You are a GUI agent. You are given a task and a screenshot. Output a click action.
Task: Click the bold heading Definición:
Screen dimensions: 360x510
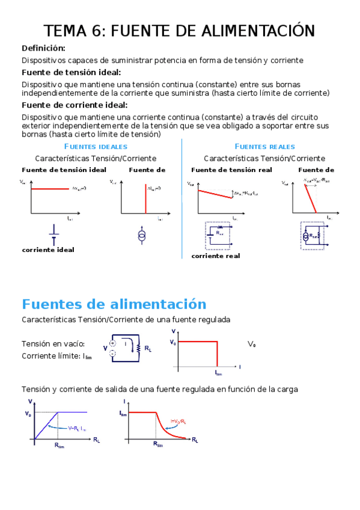(x=43, y=48)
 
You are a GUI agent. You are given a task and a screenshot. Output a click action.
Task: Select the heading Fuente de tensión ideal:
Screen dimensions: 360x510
(x=71, y=72)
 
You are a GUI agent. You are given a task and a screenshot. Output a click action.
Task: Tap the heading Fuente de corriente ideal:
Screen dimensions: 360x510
(x=74, y=105)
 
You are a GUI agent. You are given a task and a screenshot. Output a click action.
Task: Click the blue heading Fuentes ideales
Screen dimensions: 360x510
(x=95, y=147)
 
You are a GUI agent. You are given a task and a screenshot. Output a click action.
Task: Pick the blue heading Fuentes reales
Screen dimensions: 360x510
(x=264, y=147)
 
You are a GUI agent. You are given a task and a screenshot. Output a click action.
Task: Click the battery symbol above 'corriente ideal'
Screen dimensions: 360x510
(x=54, y=232)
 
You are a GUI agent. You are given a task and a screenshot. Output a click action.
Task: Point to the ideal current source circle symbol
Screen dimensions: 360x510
(x=142, y=235)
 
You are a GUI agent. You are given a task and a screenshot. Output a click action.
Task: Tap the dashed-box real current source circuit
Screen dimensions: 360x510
(x=312, y=235)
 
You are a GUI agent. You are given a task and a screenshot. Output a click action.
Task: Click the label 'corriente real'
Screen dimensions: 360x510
(x=215, y=256)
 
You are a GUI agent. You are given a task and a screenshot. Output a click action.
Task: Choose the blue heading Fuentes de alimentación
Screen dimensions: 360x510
(x=114, y=304)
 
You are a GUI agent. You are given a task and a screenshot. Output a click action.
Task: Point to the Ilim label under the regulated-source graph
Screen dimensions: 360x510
(x=218, y=373)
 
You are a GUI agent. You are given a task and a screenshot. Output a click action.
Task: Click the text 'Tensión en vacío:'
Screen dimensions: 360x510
(x=53, y=344)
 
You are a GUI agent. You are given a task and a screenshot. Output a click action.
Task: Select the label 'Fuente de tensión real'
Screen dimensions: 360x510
(x=231, y=170)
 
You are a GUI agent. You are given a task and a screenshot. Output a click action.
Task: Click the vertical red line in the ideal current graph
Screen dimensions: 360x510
(x=145, y=198)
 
